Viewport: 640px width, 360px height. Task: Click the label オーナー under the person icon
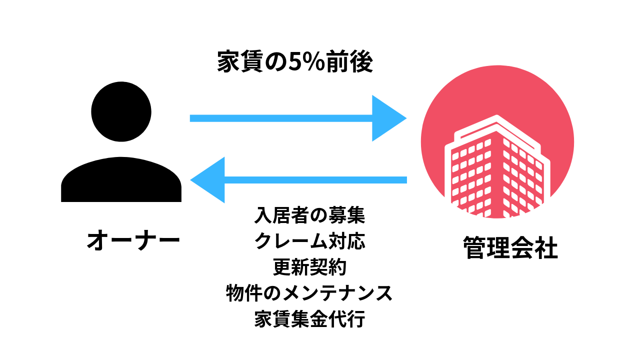pyautogui.click(x=133, y=240)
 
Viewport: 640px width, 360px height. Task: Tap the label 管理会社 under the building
pyautogui.click(x=510, y=248)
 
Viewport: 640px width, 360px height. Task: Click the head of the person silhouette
pyautogui.click(x=121, y=111)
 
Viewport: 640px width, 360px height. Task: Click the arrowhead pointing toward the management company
pyautogui.click(x=388, y=118)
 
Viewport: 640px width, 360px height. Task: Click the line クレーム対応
pyautogui.click(x=309, y=241)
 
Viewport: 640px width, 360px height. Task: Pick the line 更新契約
pyautogui.click(x=309, y=267)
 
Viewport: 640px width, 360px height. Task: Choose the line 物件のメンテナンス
pyautogui.click(x=309, y=293)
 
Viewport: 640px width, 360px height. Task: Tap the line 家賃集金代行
pyautogui.click(x=309, y=319)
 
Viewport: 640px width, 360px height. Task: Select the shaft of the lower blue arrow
pyautogui.click(x=315, y=179)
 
